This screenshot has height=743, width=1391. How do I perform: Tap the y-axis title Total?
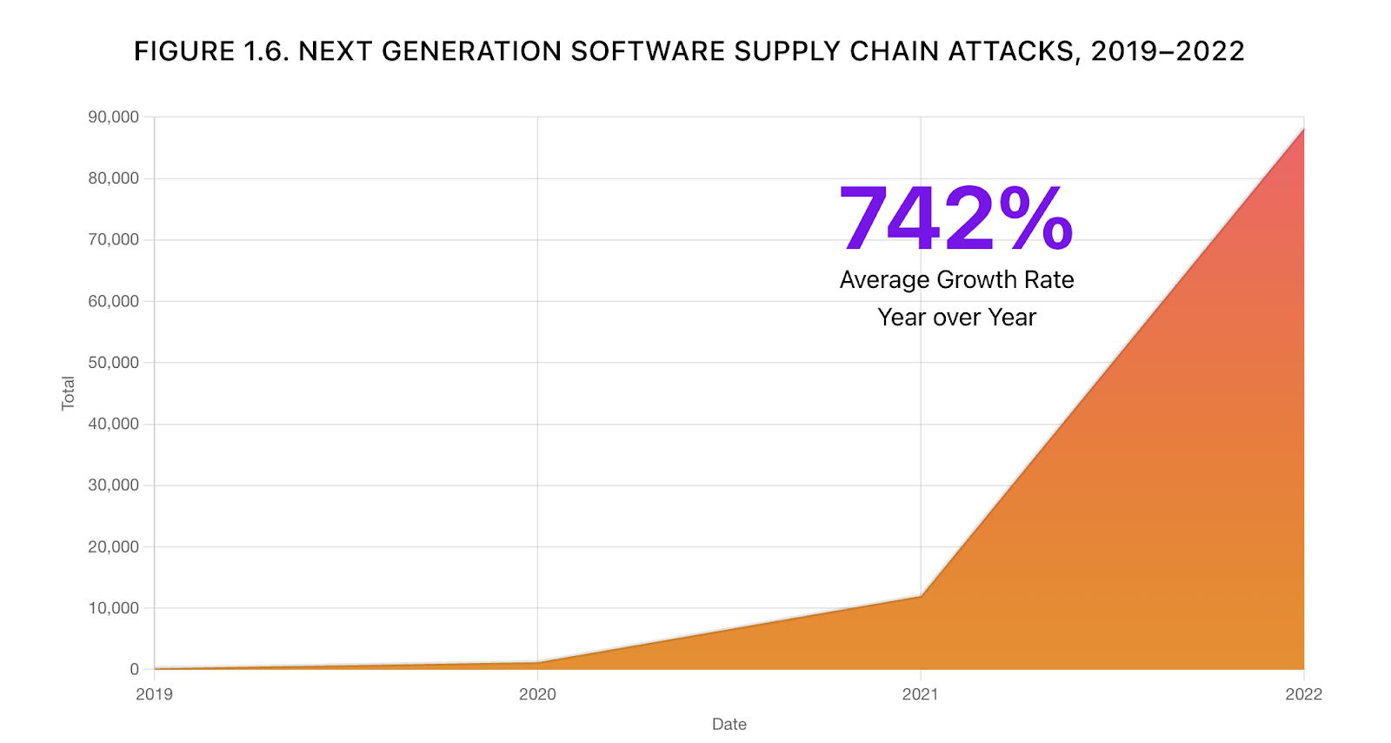pyautogui.click(x=68, y=393)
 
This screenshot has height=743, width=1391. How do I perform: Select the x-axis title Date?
pyautogui.click(x=729, y=724)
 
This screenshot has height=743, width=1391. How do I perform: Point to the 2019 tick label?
pyautogui.click(x=154, y=694)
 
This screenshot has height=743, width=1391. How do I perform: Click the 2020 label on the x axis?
pyautogui.click(x=537, y=694)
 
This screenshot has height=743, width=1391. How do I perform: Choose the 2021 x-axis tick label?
pyautogui.click(x=920, y=694)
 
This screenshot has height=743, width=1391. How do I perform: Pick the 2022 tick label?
pyautogui.click(x=1303, y=694)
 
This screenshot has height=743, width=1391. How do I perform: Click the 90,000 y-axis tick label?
pyautogui.click(x=113, y=117)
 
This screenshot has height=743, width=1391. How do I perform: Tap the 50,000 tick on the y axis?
pyautogui.click(x=113, y=363)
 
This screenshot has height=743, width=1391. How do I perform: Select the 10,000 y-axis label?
pyautogui.click(x=113, y=608)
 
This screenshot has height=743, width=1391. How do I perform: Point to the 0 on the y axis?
pyautogui.click(x=135, y=669)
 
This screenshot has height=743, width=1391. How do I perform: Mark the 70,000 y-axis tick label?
pyautogui.click(x=113, y=239)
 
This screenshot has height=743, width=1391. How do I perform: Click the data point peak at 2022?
pyautogui.click(x=1303, y=129)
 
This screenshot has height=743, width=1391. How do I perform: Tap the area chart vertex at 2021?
pyautogui.click(x=921, y=596)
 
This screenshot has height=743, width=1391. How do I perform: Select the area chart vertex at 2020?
pyautogui.click(x=537, y=662)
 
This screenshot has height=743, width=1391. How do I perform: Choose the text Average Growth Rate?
pyautogui.click(x=956, y=280)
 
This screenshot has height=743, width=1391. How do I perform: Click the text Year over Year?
pyautogui.click(x=956, y=318)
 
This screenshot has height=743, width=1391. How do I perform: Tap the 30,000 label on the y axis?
pyautogui.click(x=113, y=485)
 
